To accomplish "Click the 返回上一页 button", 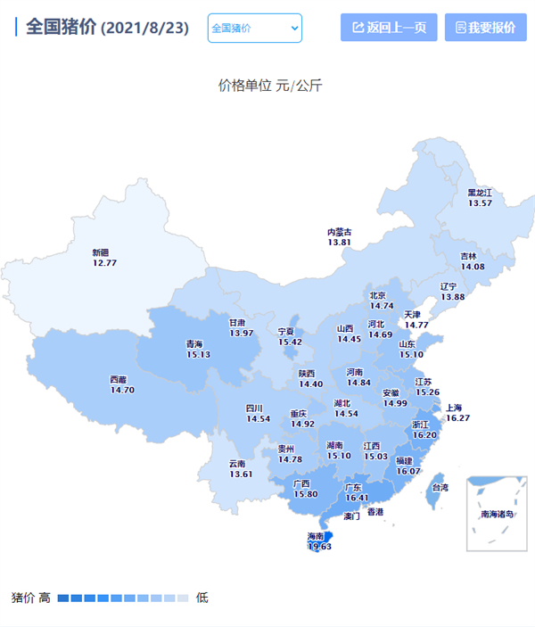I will pos(389,28).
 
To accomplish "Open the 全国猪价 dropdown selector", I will pos(255,29).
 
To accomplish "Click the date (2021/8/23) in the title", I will pos(145,28).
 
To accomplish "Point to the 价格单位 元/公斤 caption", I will pos(270,86).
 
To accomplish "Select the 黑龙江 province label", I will pos(480,192).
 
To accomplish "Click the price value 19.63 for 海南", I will pos(319,547).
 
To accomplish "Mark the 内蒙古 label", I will pos(339,232).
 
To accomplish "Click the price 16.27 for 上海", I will pos(457,417).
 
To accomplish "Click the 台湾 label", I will pos(440,488).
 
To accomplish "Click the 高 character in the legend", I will pos(44,598).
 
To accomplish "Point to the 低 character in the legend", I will pos(202,598).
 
